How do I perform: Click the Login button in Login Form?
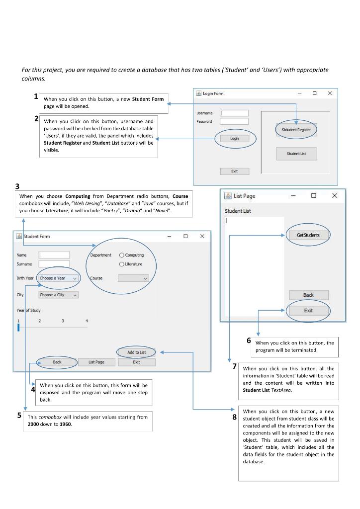235,139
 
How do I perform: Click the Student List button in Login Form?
296,154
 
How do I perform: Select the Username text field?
234,113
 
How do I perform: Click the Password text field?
234,121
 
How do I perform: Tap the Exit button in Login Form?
234,171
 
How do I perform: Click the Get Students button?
308,235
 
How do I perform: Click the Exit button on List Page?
308,310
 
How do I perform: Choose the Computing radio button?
121,255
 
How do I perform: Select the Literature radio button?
121,264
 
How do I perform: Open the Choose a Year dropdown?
58,278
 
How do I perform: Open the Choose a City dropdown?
58,295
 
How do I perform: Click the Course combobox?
133,278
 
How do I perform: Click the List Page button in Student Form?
96,362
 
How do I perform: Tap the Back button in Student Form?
57,362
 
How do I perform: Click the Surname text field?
54,264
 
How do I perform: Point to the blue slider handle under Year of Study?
18,327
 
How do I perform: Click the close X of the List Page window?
334,196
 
